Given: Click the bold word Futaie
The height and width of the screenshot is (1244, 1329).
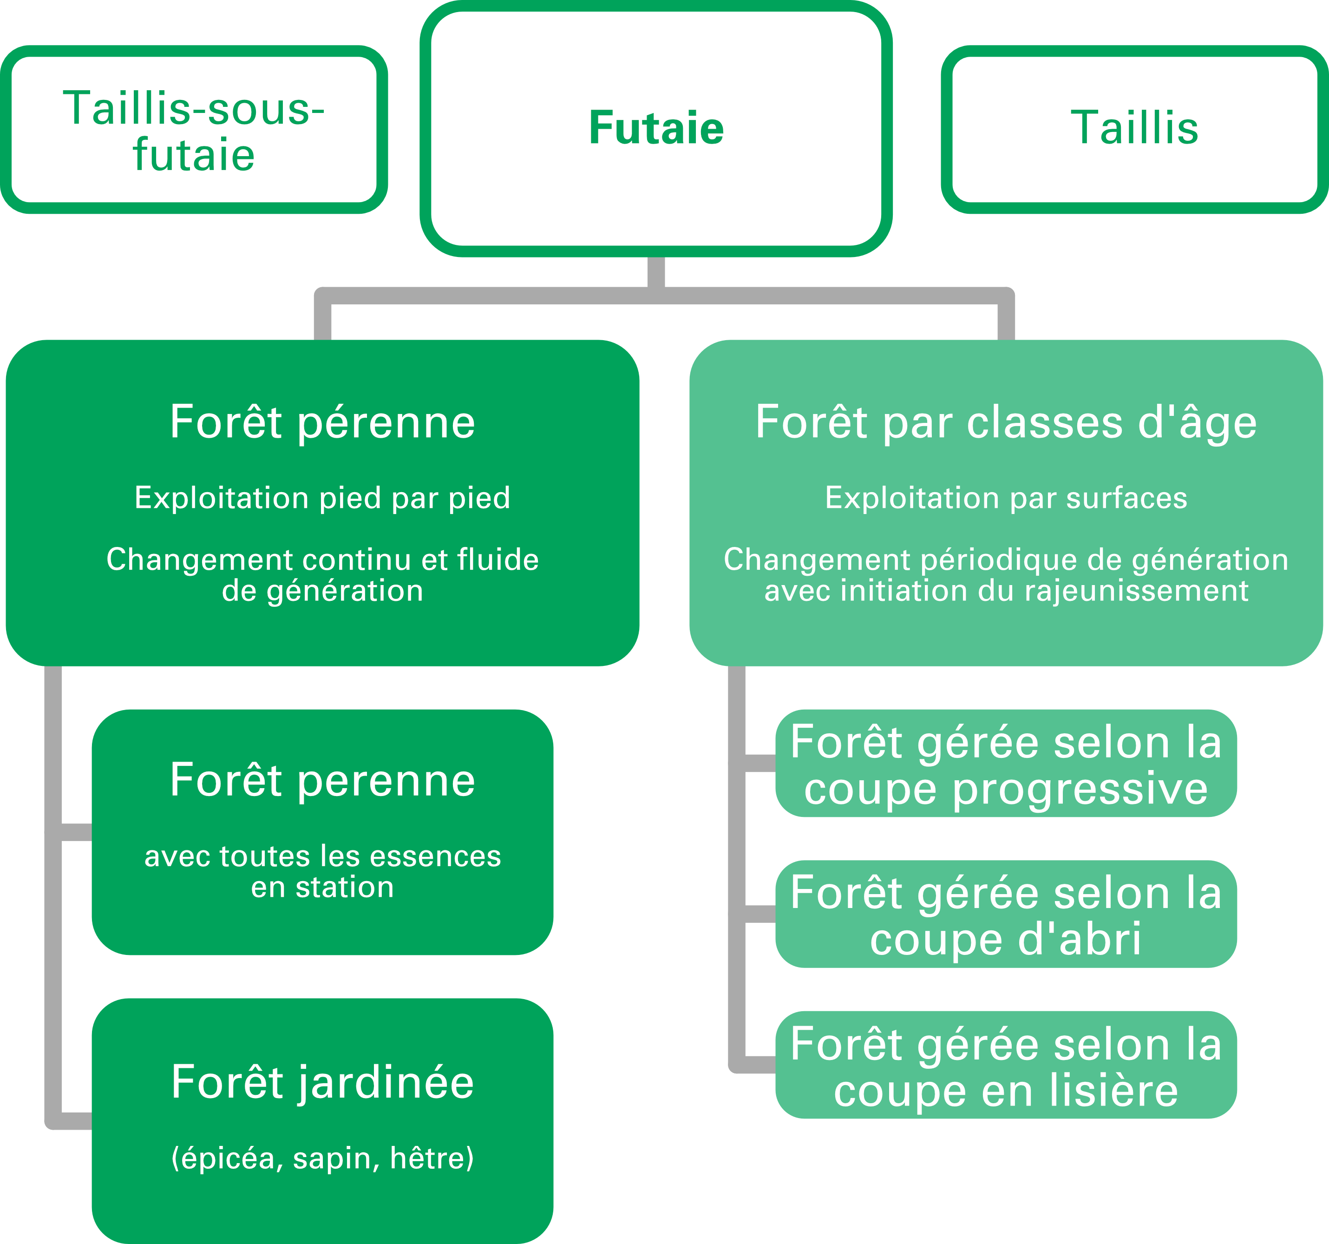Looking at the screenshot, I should (x=656, y=128).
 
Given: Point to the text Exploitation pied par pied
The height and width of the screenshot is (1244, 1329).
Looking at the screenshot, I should (x=322, y=498).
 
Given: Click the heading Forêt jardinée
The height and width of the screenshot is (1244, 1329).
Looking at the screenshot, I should (x=322, y=1082).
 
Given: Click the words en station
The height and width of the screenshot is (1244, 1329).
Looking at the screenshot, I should (x=322, y=888).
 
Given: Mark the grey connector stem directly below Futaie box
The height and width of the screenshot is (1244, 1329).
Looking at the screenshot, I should (x=656, y=273).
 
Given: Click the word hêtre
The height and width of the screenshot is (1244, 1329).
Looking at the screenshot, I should (x=431, y=1158).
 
